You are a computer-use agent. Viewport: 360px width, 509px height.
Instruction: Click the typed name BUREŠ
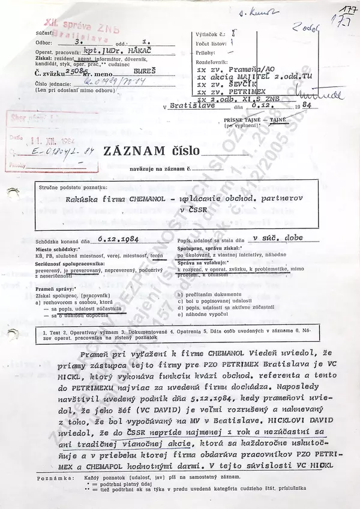tap(130, 70)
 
